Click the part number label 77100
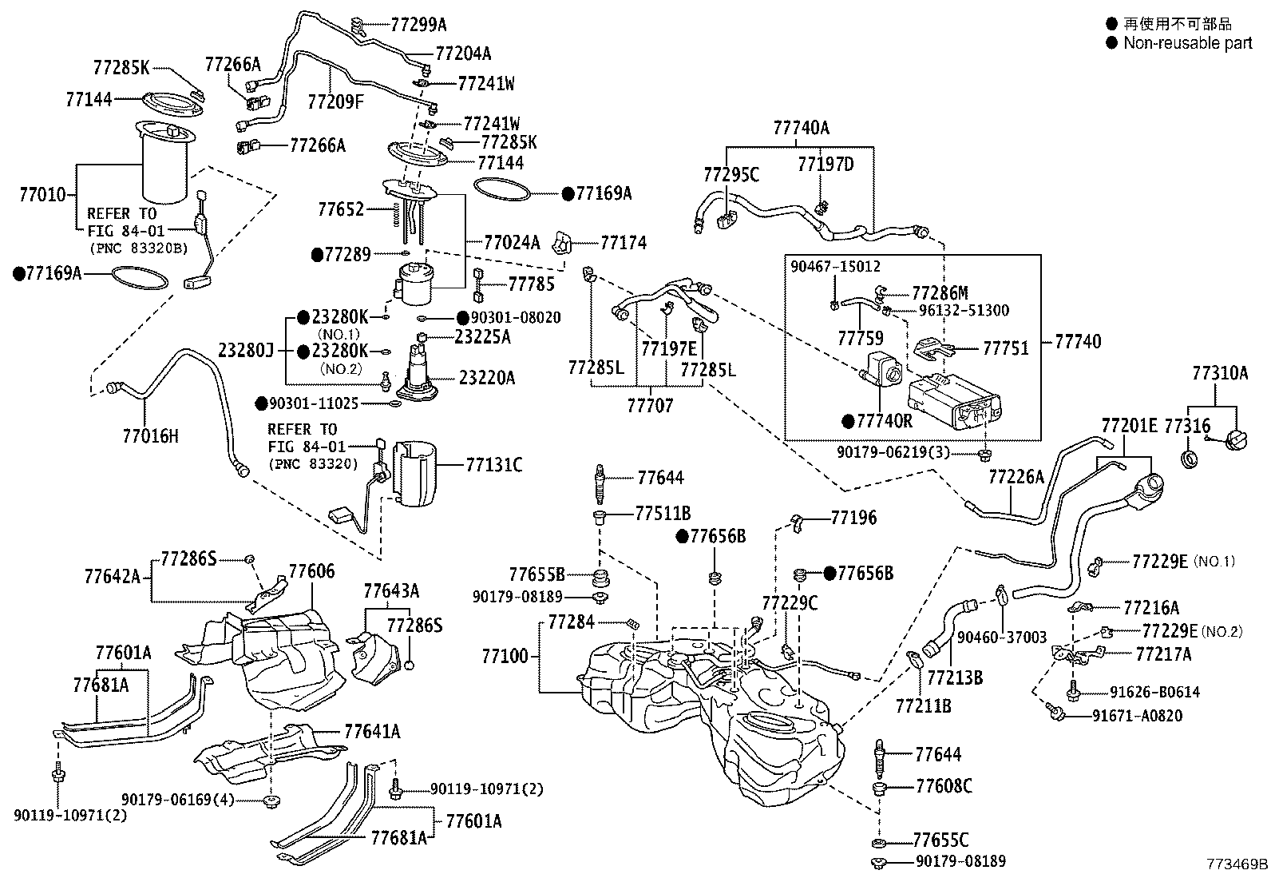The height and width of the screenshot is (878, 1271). click(x=505, y=657)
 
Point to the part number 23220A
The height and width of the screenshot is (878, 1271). click(x=486, y=377)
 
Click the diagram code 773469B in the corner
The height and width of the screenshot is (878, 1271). click(x=1237, y=864)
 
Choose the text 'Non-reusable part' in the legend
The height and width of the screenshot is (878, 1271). click(x=1187, y=43)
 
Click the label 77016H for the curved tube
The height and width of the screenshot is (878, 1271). click(x=150, y=436)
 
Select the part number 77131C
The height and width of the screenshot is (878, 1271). click(x=493, y=464)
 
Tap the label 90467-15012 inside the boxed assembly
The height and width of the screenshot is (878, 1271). click(x=835, y=266)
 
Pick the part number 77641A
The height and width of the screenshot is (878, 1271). click(x=372, y=731)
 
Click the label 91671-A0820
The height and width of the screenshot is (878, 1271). click(x=1137, y=716)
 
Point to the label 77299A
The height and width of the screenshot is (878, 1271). click(x=418, y=25)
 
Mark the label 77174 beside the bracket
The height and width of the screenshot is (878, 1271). click(x=623, y=243)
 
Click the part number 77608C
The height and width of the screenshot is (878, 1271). click(x=943, y=786)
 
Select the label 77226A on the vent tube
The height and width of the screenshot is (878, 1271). click(x=1016, y=477)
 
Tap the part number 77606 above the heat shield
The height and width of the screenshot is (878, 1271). click(x=311, y=571)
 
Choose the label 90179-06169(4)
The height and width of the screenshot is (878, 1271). click(x=177, y=799)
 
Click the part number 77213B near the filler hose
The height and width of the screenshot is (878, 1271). click(x=954, y=678)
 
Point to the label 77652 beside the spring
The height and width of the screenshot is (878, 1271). click(x=341, y=210)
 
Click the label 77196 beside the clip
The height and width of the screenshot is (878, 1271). click(x=853, y=518)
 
